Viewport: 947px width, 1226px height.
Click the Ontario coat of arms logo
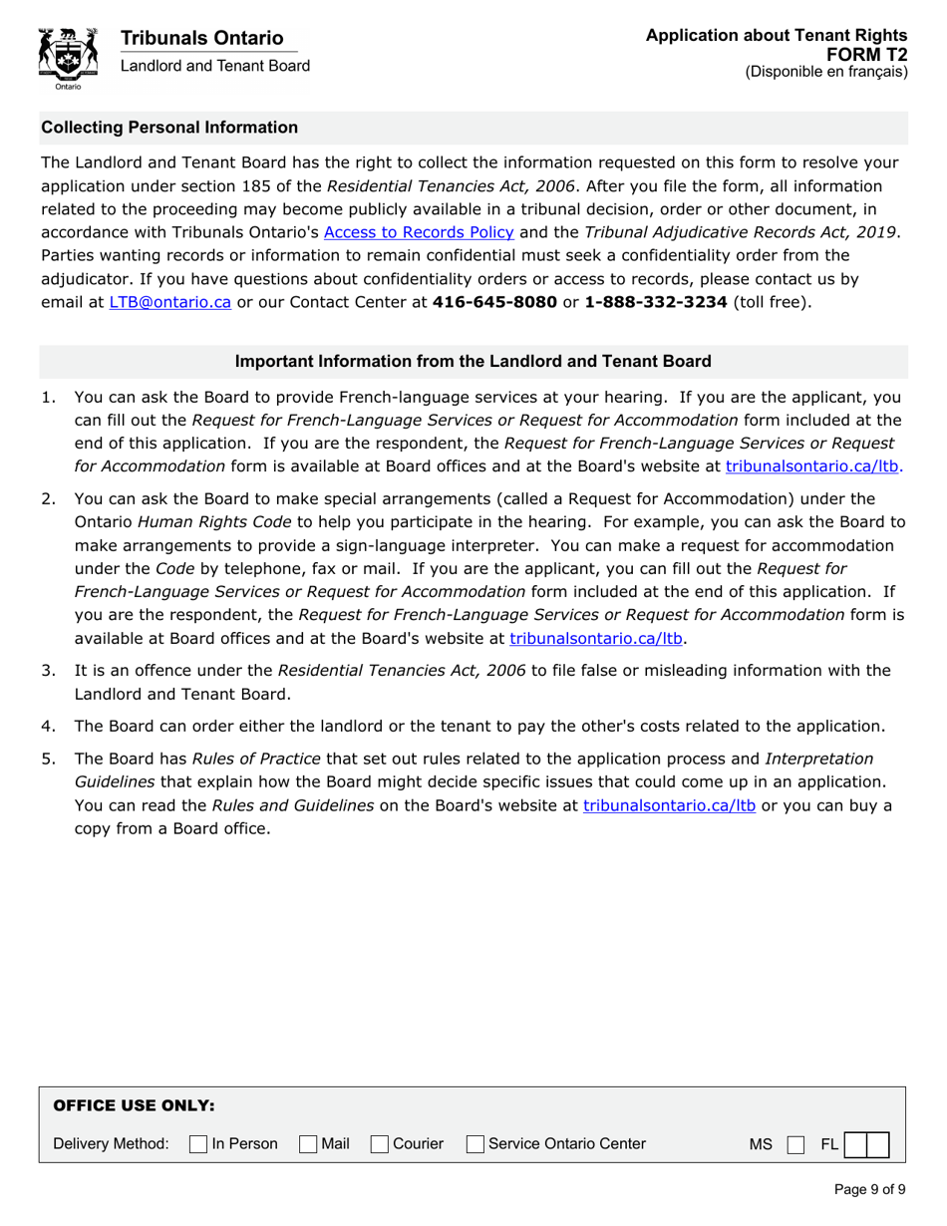67,59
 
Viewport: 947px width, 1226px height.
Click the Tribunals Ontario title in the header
201,38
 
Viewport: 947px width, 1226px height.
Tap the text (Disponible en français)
826,72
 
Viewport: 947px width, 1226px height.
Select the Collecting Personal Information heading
169,128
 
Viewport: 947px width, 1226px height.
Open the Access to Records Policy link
420,232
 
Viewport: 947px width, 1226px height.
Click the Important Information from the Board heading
473,361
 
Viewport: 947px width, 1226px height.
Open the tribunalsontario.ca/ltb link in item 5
669,804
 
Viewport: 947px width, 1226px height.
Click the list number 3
49,670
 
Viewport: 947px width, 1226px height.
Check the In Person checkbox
197,1144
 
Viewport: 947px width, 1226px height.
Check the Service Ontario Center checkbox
475,1144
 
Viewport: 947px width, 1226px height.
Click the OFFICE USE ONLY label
134,1105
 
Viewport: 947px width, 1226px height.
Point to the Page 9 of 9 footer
869,1188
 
